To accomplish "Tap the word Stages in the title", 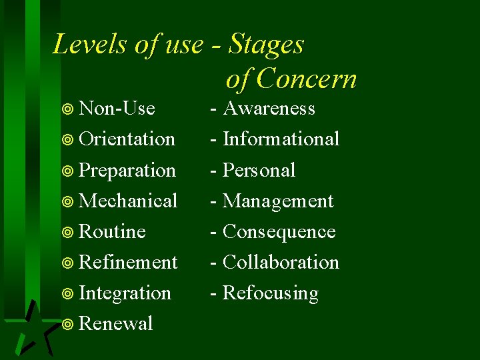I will pyautogui.click(x=266, y=45).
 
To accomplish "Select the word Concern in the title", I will pyautogui.click(x=307, y=79).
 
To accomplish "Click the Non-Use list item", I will pyautogui.click(x=117, y=108).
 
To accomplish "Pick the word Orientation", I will pyautogui.click(x=127, y=139).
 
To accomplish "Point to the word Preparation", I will pyautogui.click(x=127, y=171).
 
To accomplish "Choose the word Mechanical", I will pyautogui.click(x=128, y=201).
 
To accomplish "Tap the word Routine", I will pyautogui.click(x=112, y=231).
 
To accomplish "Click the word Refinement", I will pyautogui.click(x=128, y=262).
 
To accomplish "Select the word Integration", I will pyautogui.click(x=125, y=293).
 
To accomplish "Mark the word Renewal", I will pyautogui.click(x=116, y=324).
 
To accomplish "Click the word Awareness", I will pyautogui.click(x=269, y=108).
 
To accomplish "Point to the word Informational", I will pyautogui.click(x=281, y=139).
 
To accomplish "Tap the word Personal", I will pyautogui.click(x=259, y=171).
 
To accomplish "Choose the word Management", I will pyautogui.click(x=278, y=201).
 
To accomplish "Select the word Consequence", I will pyautogui.click(x=279, y=231).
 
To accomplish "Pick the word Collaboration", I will pyautogui.click(x=281, y=262).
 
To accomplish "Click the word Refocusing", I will pyautogui.click(x=270, y=293).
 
